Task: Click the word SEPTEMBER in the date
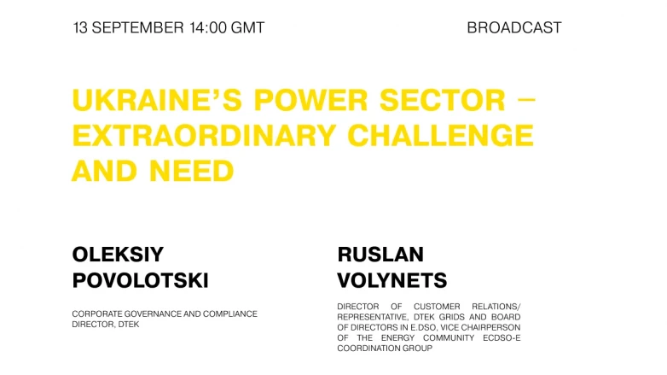[136, 27]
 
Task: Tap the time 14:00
[207, 27]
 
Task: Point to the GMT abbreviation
[247, 27]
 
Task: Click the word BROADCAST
[513, 27]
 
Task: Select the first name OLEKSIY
[118, 254]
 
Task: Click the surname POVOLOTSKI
[141, 280]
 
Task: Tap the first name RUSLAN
[380, 254]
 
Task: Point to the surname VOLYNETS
[392, 280]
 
